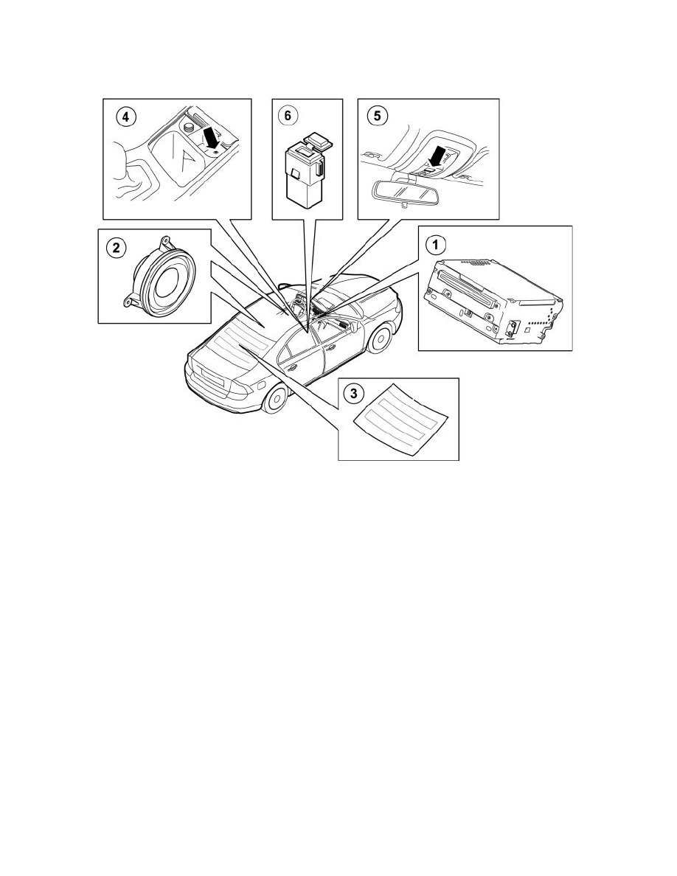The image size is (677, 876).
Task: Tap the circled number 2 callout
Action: [x=115, y=248]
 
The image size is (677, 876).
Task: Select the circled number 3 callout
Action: [x=355, y=394]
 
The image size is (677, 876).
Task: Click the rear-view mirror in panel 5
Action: [x=397, y=190]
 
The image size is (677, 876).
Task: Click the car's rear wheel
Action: [x=277, y=398]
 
